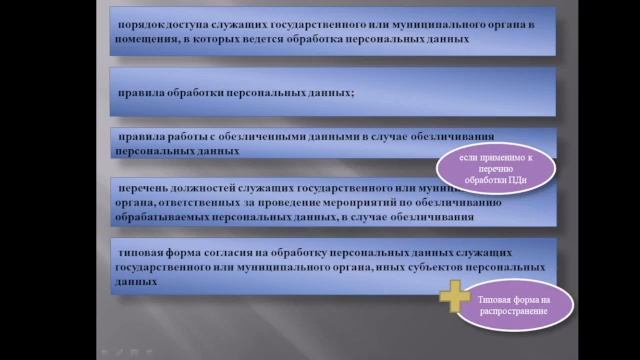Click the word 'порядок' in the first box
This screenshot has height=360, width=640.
137,22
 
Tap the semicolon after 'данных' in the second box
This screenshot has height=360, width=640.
353,92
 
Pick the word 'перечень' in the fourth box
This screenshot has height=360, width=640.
142,186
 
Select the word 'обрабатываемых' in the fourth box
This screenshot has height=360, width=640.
165,217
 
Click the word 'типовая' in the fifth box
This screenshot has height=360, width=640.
138,254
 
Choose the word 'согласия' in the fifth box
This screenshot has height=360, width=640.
226,254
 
